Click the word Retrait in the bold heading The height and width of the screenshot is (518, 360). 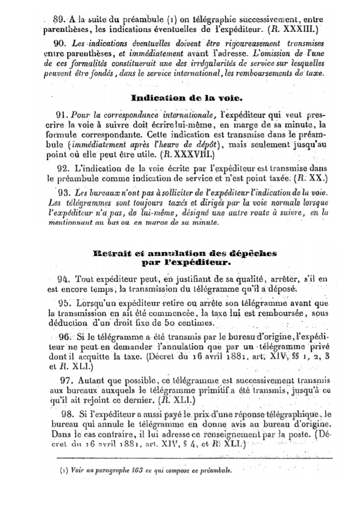pyautogui.click(x=109, y=253)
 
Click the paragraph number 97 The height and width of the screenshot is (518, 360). pyautogui.click(x=66, y=380)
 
